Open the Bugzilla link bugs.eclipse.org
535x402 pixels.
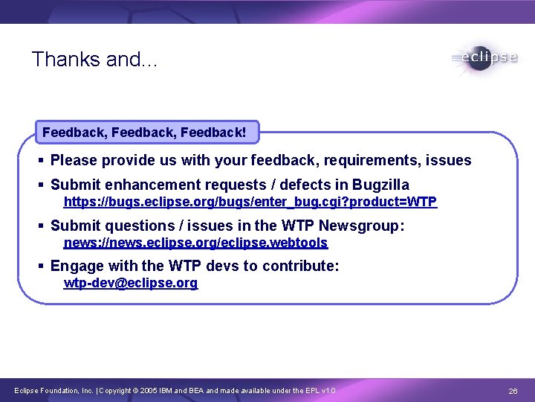pyautogui.click(x=250, y=202)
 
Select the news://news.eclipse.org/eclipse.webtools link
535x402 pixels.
pyautogui.click(x=195, y=243)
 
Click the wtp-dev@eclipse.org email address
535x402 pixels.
pyautogui.click(x=131, y=284)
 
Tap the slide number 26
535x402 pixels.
pyautogui.click(x=512, y=391)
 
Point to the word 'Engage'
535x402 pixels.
pyautogui.click(x=77, y=266)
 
